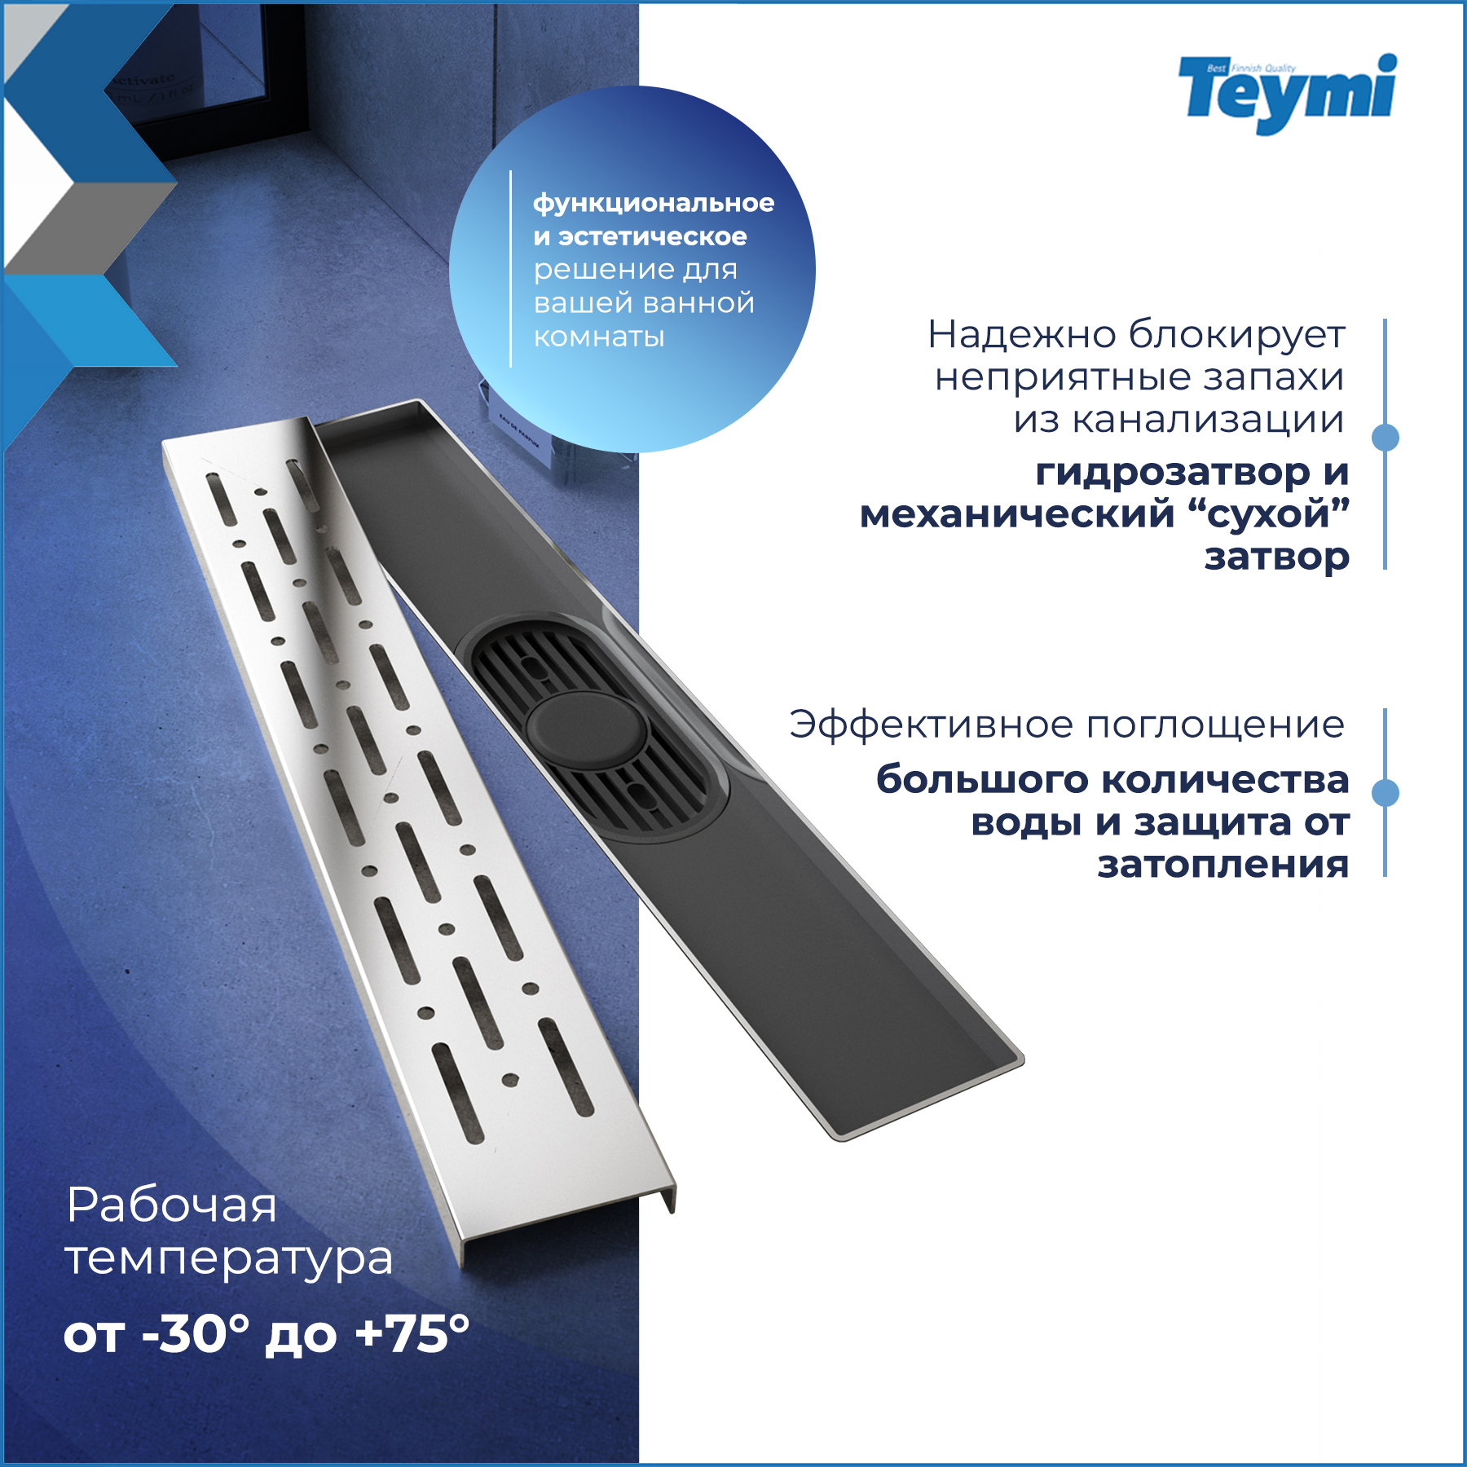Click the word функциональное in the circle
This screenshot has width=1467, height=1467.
click(654, 203)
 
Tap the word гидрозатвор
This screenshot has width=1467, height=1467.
click(1170, 473)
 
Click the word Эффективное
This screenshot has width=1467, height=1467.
click(932, 725)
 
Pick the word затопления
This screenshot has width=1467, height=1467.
click(1222, 865)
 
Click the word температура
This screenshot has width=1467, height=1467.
click(229, 1260)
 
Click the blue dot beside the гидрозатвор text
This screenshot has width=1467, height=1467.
click(1385, 438)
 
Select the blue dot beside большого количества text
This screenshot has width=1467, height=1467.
click(1385, 792)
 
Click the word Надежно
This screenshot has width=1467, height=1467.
click(1022, 334)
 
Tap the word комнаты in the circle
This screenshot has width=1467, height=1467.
click(599, 337)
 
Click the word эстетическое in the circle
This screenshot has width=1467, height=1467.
click(652, 236)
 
